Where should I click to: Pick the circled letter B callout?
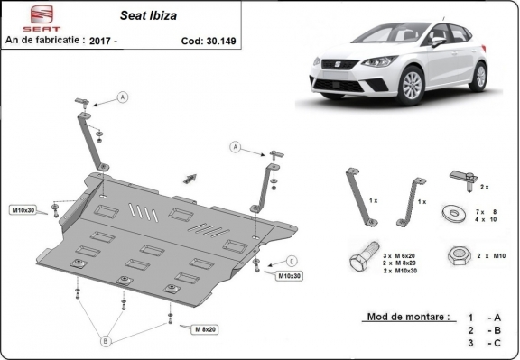pyautogui.click(x=106, y=341)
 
